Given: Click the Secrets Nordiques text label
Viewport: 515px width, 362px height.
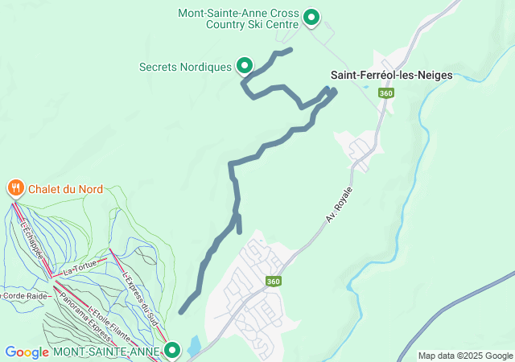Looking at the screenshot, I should [x=185, y=66].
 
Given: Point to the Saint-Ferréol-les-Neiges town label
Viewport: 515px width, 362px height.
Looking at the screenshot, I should [x=392, y=75].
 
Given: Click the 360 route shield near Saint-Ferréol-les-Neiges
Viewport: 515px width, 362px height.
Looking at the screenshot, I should [x=386, y=93].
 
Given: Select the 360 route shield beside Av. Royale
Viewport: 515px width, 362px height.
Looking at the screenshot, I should [x=274, y=281].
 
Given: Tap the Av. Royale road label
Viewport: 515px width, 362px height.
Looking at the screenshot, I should [x=340, y=207].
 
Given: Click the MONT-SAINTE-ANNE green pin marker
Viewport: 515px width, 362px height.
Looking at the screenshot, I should [x=172, y=350].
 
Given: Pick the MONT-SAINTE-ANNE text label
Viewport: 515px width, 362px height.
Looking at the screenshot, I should [x=108, y=352].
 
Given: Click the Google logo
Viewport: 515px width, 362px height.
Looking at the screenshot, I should [x=27, y=352].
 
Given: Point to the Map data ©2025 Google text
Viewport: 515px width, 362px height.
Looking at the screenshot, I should [x=464, y=356].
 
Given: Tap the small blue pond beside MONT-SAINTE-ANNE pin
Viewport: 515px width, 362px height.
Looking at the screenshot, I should [x=194, y=347].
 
